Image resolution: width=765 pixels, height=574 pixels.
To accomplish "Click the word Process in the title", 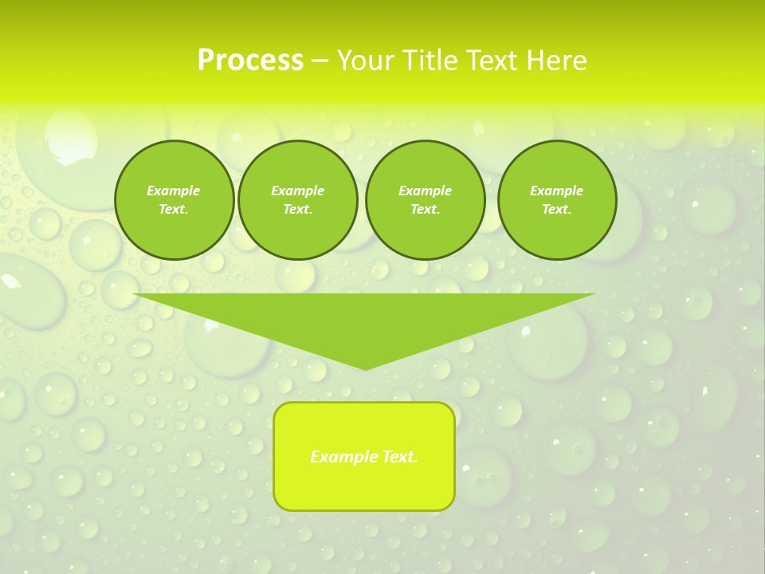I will (250, 61).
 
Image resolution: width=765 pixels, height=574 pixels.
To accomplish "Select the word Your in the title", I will (364, 61).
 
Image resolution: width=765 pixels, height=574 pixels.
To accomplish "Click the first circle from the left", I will (174, 199).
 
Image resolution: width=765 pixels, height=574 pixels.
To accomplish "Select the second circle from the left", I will (297, 199).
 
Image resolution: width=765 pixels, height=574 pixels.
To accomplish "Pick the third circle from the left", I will (425, 199).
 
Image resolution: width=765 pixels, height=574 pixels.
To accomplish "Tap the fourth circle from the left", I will (556, 199).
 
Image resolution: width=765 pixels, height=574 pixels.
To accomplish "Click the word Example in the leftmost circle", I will (174, 191).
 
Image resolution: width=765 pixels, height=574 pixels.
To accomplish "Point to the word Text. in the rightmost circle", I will (556, 209).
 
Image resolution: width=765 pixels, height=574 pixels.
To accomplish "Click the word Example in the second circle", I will (297, 191).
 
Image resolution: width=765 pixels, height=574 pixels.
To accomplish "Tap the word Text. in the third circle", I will (425, 209).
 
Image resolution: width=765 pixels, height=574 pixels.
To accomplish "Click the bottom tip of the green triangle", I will (364, 368).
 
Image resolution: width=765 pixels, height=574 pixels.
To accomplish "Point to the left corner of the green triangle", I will (135, 295).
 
